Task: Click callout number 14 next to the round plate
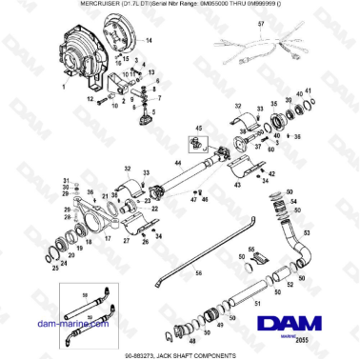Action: coord(149,43)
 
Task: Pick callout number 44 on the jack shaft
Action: coord(177,164)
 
